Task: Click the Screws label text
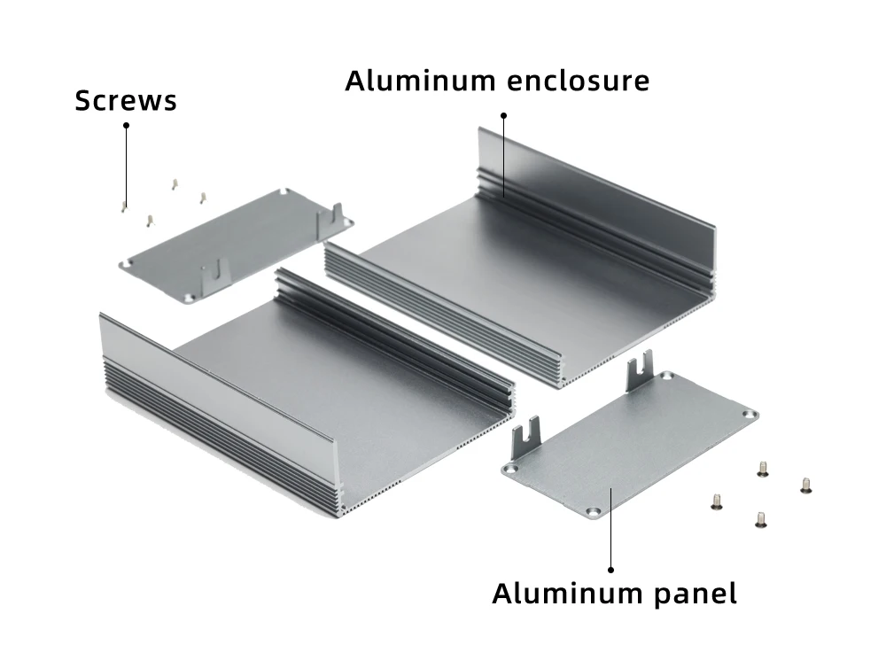[126, 100]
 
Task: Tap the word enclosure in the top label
[578, 81]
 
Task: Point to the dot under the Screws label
[126, 126]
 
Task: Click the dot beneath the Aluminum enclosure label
[503, 116]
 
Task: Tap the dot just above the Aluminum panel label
[610, 570]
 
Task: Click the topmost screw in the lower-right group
[762, 469]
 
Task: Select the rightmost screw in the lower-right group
[806, 486]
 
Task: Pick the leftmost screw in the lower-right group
[717, 501]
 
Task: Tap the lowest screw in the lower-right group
[761, 519]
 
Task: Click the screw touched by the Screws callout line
[124, 207]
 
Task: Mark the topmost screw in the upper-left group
[175, 184]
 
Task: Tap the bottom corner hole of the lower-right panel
[593, 512]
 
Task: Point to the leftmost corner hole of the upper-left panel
[129, 263]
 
